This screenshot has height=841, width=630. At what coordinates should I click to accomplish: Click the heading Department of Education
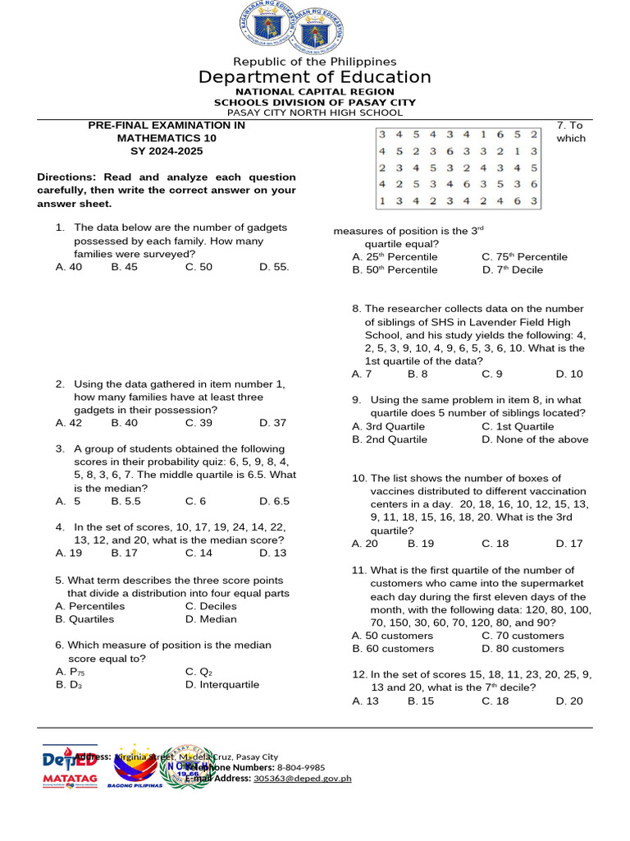coord(315,77)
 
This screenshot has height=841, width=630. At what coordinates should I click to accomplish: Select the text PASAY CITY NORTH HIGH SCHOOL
coord(315,113)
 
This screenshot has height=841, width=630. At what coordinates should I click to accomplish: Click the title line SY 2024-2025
coord(167,151)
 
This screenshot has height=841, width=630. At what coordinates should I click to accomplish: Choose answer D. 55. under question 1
coord(274,266)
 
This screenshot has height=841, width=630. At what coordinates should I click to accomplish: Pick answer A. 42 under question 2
coord(69,422)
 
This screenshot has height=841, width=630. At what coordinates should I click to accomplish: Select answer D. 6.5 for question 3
coord(274,500)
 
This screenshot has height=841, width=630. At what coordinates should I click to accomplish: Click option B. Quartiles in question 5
coord(85,618)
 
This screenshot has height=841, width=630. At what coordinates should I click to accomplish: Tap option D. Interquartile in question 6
coord(221,684)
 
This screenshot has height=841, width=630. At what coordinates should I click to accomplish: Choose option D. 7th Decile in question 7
coord(513,269)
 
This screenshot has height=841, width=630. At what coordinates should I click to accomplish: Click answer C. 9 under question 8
coord(492,374)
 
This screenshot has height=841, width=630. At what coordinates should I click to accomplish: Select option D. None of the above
coord(535,439)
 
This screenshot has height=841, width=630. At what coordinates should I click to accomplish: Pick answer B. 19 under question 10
coord(421,543)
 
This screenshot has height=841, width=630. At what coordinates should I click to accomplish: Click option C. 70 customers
coord(523,635)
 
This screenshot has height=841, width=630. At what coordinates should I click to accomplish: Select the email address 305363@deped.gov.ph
coord(302,778)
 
